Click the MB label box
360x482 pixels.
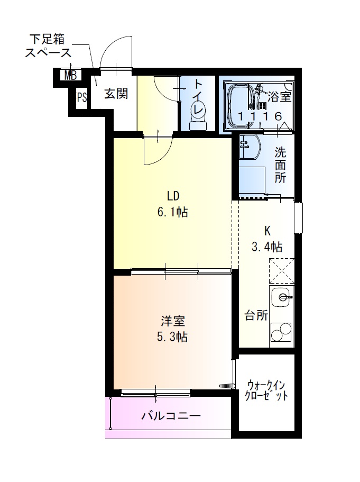coord(70,76)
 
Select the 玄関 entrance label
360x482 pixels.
coord(115,94)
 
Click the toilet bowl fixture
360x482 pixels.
coord(199,119)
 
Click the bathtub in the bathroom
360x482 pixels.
coord(241,105)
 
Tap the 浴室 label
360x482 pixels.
coord(279,97)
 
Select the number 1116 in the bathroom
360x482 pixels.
coord(259,116)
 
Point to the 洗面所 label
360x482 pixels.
coord(280,165)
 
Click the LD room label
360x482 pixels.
coord(173,196)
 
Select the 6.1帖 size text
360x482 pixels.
coord(173,213)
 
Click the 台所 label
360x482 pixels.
coord(256,316)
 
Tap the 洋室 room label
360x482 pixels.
coord(173,321)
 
